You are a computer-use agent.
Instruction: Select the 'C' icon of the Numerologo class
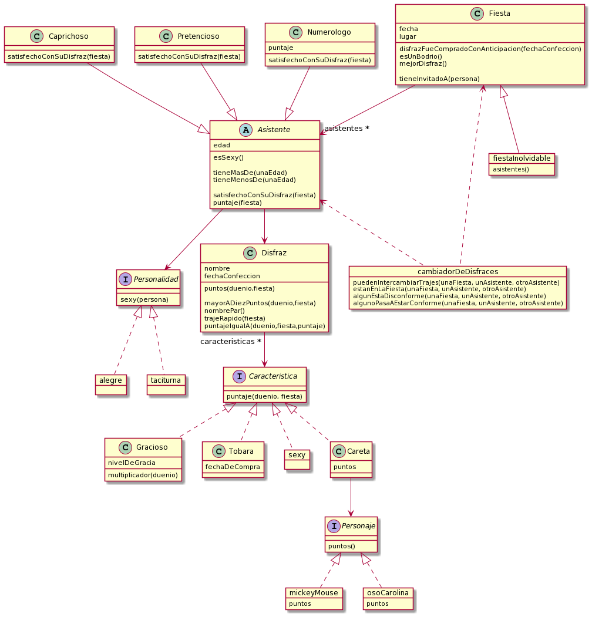(x=296, y=33)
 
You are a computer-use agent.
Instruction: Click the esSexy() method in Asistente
(x=228, y=157)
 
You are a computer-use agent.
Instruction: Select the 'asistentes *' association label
(x=347, y=128)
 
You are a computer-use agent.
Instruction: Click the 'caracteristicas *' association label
(x=231, y=340)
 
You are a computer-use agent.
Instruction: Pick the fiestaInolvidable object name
(x=521, y=159)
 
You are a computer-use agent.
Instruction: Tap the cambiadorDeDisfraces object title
(x=458, y=271)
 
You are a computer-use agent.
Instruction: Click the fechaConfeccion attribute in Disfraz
(x=232, y=275)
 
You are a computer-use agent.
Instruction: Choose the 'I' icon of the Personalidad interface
(x=126, y=279)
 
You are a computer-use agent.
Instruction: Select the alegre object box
(x=110, y=380)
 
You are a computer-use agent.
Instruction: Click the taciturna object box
(x=166, y=380)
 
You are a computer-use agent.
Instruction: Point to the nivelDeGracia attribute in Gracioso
(x=131, y=463)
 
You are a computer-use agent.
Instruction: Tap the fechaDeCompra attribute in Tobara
(x=233, y=467)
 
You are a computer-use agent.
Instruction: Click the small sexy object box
(x=297, y=455)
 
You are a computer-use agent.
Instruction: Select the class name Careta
(x=359, y=451)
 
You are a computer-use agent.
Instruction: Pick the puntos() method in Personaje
(x=341, y=545)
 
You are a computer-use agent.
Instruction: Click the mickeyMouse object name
(x=314, y=592)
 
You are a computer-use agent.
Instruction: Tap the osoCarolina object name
(x=388, y=592)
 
